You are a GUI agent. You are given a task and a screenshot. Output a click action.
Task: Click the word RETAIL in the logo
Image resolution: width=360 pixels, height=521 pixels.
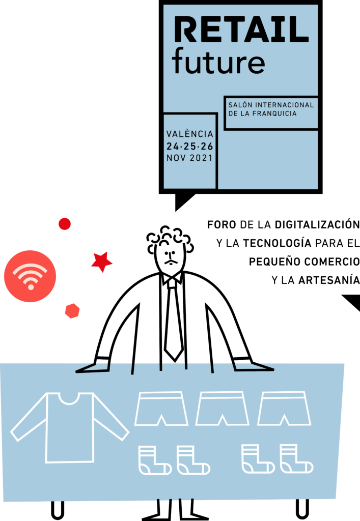pyautogui.click(x=241, y=30)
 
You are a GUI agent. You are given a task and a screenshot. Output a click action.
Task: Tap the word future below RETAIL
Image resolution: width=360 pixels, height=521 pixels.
pyautogui.click(x=218, y=61)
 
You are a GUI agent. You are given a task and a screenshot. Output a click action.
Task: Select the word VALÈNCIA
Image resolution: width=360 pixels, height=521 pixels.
pyautogui.click(x=190, y=134)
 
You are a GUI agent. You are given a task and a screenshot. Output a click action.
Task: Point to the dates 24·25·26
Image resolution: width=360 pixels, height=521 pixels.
pyautogui.click(x=190, y=146)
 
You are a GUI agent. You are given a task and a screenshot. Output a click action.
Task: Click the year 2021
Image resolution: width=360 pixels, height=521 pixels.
pyautogui.click(x=201, y=158)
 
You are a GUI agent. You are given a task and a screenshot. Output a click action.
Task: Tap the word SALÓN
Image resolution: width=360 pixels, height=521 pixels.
pyautogui.click(x=239, y=105)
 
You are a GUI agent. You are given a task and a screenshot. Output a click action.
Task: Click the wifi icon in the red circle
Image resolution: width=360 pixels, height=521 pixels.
pyautogui.click(x=30, y=276)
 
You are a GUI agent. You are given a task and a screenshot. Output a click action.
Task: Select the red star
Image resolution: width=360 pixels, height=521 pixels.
pyautogui.click(x=101, y=262)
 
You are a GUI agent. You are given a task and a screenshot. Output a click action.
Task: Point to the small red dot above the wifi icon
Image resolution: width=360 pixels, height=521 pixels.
pyautogui.click(x=65, y=224)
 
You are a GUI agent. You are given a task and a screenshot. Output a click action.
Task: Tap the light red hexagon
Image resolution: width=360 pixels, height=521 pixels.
pyautogui.click(x=72, y=310)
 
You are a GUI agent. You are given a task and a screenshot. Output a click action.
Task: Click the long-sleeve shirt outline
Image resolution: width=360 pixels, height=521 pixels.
pyautogui.click(x=70, y=427)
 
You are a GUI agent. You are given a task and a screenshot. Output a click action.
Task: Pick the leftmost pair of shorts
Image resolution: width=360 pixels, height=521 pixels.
pyautogui.click(x=161, y=408)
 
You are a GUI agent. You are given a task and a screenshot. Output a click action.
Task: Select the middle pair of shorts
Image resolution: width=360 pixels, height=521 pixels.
pyautogui.click(x=222, y=408)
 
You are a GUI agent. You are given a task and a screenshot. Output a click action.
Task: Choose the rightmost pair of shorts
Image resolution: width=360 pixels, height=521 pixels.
pyautogui.click(x=284, y=408)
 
